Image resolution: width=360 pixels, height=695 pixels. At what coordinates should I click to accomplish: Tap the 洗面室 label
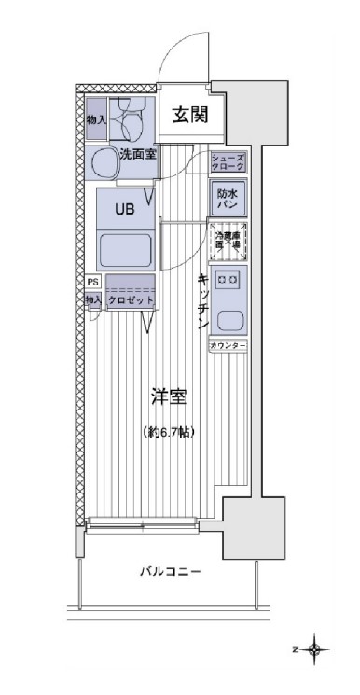coord(137,155)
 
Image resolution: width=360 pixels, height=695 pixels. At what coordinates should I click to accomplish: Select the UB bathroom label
coord(124,209)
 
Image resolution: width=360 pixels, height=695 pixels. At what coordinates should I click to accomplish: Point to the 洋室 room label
coord(169,397)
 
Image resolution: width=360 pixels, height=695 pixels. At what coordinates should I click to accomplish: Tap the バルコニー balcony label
coord(171,571)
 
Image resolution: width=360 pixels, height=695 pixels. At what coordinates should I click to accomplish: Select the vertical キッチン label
coord(201,300)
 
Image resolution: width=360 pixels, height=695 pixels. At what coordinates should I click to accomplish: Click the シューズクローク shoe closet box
coord(228,162)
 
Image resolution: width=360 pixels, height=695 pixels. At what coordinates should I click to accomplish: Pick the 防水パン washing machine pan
coord(228,199)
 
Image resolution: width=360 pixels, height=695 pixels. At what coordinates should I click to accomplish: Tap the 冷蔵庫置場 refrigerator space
coord(228,241)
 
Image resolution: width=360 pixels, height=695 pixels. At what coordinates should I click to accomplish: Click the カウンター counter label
coord(228,346)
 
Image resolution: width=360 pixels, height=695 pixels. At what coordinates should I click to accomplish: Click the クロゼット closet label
coord(130,300)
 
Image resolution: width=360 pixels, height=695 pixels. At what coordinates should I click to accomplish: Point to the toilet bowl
coord(130,119)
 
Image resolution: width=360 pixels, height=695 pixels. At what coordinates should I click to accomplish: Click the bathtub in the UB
coord(126,251)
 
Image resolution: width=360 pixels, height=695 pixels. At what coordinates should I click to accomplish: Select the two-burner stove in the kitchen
coord(228,279)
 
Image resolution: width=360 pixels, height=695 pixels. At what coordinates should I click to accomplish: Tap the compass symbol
coord(314,648)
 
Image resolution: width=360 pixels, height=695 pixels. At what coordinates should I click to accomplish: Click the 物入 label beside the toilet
coord(94,119)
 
